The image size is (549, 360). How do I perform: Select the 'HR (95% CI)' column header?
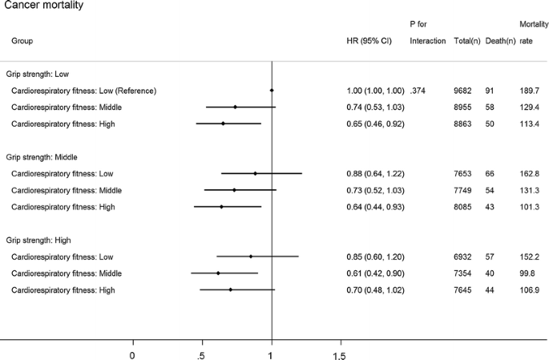pyautogui.click(x=369, y=41)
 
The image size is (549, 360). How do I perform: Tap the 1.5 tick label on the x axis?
pyautogui.click(x=339, y=354)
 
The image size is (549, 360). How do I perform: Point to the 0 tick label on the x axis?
pyautogui.click(x=132, y=354)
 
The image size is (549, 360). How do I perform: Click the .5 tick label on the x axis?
pyautogui.click(x=202, y=354)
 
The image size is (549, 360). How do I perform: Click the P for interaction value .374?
pyautogui.click(x=419, y=91)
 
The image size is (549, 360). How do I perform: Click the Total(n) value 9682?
pyautogui.click(x=465, y=91)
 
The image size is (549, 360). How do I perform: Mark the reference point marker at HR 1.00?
pyautogui.click(x=272, y=91)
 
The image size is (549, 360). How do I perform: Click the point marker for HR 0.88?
pyautogui.click(x=255, y=173)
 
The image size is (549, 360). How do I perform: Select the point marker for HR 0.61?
pyautogui.click(x=217, y=273)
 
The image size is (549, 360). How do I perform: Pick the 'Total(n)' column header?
pyautogui.click(x=466, y=41)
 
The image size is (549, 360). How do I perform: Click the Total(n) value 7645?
pyautogui.click(x=465, y=289)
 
